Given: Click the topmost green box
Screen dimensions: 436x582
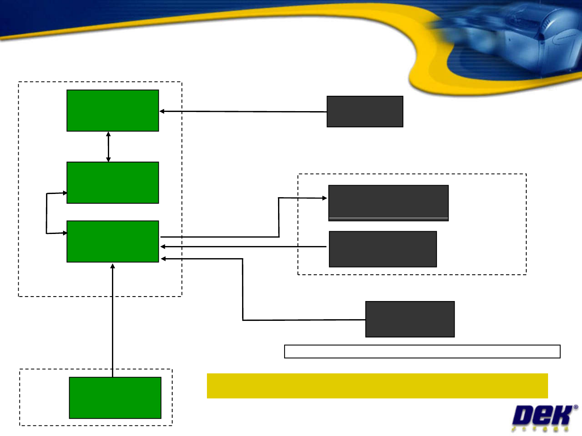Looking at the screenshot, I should click(x=112, y=110).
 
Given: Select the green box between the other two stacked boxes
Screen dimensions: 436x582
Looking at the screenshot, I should click(x=112, y=182).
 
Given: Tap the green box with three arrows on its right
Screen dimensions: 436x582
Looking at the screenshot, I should click(x=112, y=241).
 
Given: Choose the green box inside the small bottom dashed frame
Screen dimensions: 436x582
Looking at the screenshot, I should click(x=115, y=398).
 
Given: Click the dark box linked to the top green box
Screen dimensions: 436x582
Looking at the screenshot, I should click(x=365, y=112).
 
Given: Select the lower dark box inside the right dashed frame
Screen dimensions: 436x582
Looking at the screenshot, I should click(x=383, y=249).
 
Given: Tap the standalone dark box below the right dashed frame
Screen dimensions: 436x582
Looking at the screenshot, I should click(x=410, y=319).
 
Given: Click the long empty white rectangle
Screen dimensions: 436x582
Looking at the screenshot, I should click(x=422, y=352).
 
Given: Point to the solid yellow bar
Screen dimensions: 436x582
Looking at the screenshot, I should click(x=377, y=386).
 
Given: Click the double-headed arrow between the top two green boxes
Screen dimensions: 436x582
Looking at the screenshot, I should click(x=108, y=146).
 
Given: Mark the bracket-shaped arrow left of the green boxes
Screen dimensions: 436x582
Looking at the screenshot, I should click(x=46, y=213).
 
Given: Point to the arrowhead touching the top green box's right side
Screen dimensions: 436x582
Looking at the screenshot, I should click(x=162, y=111).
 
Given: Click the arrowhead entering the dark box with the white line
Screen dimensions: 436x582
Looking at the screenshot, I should click(x=324, y=198).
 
